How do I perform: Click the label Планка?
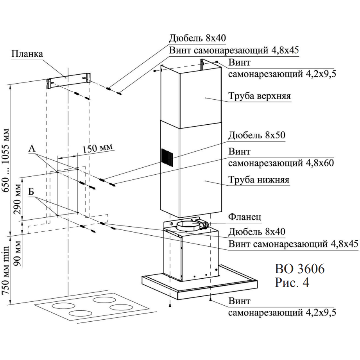click(x=27, y=54)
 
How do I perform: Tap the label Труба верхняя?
click(x=260, y=96)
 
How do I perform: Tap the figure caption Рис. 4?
click(x=292, y=283)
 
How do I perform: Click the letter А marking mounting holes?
click(x=32, y=149)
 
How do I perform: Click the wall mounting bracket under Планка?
click(x=68, y=82)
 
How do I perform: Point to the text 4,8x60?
click(x=315, y=163)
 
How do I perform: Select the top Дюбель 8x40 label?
click(x=197, y=38)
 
